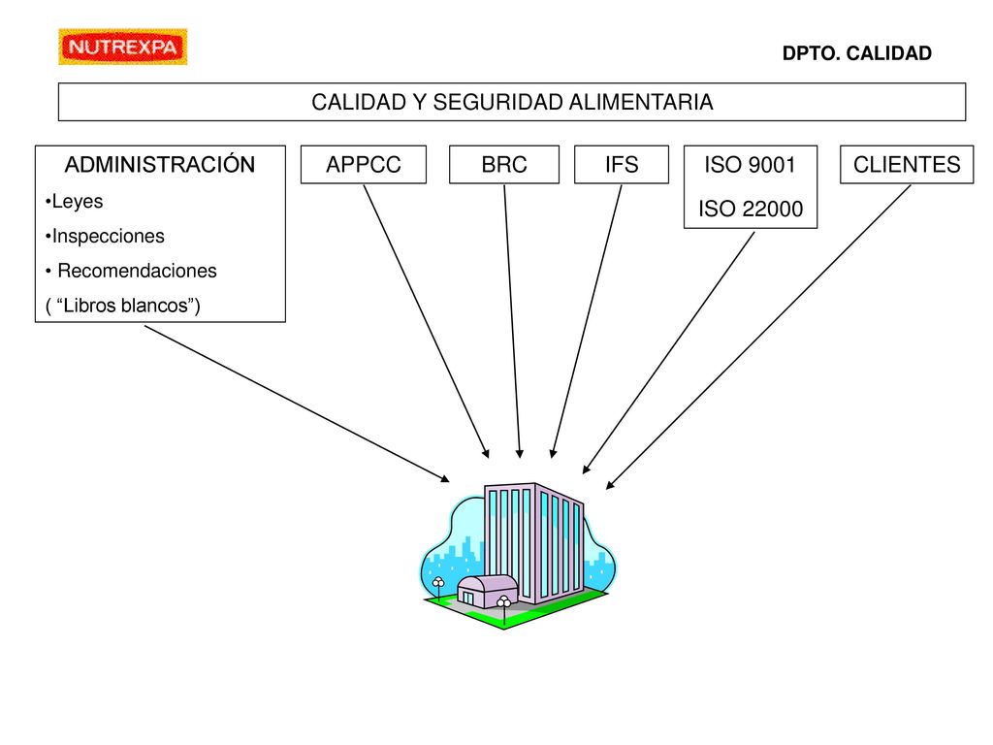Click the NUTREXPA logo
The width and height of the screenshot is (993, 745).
pos(123,47)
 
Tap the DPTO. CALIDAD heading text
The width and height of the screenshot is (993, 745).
pos(857,53)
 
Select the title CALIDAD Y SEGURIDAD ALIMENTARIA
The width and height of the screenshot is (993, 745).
pos(512,102)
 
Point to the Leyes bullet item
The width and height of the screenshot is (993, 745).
pos(74,202)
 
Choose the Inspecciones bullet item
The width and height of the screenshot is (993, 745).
pos(105,237)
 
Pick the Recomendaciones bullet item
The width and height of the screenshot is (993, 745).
pos(131,272)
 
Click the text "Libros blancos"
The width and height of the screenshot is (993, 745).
pos(122,306)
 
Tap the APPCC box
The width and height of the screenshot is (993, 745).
pos(364,165)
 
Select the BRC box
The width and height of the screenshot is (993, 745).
pos(504,165)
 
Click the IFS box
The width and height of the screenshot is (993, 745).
pos(622,165)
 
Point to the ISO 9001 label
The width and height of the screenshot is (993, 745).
pos(750,165)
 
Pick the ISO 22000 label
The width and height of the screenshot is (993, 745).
pos(751,209)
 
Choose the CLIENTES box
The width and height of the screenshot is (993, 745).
pos(907,165)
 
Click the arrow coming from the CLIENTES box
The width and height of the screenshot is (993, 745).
pos(758,337)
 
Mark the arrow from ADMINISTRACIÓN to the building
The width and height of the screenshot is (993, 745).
pos(297,405)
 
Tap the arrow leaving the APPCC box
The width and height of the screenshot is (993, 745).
pos(427,321)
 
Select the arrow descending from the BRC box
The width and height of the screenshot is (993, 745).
pos(512,321)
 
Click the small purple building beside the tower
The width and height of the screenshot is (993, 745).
pos(487,591)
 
